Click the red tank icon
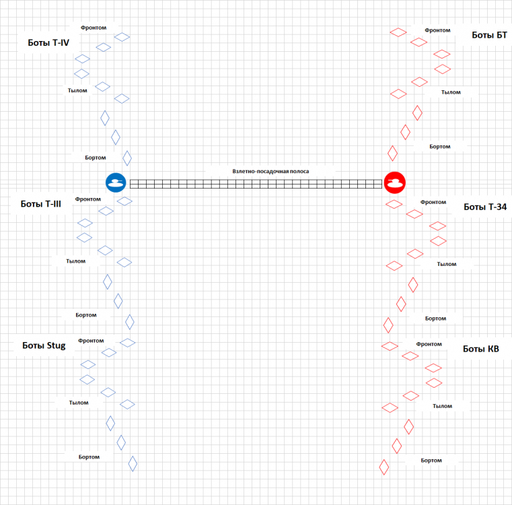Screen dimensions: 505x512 point(394,182)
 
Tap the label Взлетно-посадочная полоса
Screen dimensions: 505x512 point(270,171)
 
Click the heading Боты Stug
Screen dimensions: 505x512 point(44,345)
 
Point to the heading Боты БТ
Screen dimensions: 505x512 point(489,35)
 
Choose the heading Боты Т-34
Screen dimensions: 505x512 point(485,207)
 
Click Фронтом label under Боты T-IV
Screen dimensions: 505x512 point(94,28)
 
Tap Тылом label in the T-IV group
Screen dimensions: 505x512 point(77,90)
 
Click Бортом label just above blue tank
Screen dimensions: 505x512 point(96,158)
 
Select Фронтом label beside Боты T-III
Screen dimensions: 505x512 point(88,199)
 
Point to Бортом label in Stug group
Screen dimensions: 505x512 point(89,457)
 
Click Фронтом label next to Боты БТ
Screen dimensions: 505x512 point(437,30)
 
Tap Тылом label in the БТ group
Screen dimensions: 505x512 point(451,92)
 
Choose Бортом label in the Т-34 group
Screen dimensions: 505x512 point(435,318)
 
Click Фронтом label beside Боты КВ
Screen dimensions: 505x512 point(429,344)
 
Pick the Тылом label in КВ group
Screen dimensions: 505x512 point(442,406)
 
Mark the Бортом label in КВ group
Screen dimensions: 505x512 point(431,461)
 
